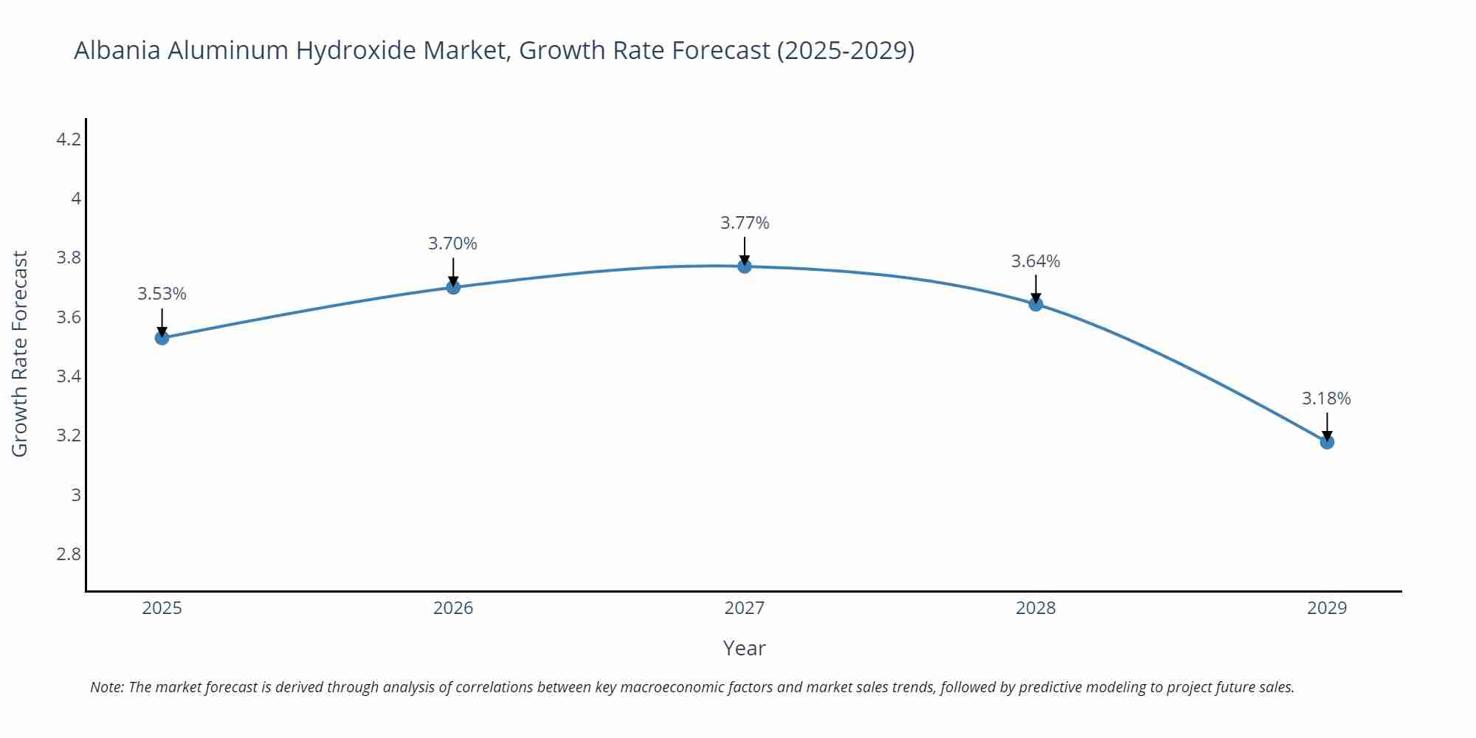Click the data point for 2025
tap(162, 338)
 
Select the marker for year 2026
tap(453, 287)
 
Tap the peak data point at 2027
tap(745, 266)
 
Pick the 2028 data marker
tap(1035, 304)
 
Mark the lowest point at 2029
tap(1327, 442)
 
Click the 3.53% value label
tap(162, 294)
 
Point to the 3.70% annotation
tap(452, 244)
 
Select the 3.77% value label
tap(745, 223)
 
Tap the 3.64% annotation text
tap(1035, 261)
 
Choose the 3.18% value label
tap(1326, 399)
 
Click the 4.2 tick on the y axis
tap(69, 139)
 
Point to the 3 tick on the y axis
tap(76, 494)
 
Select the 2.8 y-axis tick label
tap(69, 553)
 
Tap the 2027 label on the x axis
tap(745, 608)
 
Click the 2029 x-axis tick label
tap(1327, 608)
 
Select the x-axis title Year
tap(744, 648)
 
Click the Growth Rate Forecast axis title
tap(20, 354)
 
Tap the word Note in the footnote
tap(106, 687)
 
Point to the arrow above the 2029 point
tap(1327, 426)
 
